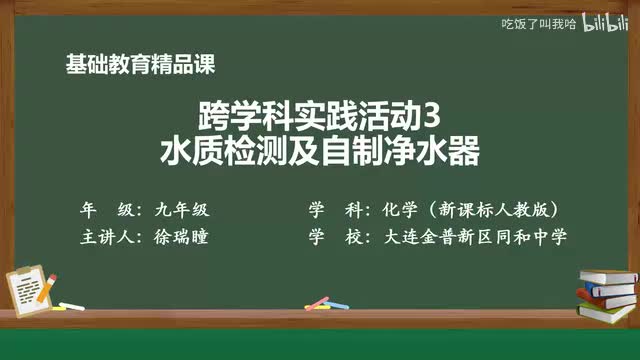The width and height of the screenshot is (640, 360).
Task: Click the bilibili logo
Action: click(x=604, y=23)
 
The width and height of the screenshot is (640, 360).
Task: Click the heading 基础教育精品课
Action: click(x=139, y=64)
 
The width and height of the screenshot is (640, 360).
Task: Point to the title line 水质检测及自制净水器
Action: click(x=320, y=152)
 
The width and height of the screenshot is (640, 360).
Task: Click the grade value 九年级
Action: click(x=181, y=210)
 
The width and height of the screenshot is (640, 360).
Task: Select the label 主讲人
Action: click(x=106, y=237)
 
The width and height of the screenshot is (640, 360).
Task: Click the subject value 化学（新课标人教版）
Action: click(x=469, y=210)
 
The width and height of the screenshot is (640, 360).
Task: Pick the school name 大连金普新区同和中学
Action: click(x=468, y=237)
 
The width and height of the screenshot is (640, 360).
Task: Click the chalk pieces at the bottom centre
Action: click(x=318, y=302)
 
